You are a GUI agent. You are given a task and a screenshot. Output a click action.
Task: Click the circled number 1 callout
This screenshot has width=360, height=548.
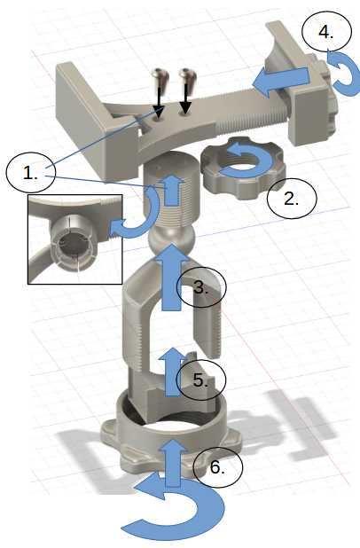coord(31,172)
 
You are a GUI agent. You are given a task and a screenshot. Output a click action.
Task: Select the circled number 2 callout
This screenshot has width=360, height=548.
coord(292,199)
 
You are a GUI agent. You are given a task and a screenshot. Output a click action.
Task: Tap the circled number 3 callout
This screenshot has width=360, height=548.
coord(201,287)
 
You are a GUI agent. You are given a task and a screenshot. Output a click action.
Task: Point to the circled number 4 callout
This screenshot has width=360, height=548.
coord(326,32)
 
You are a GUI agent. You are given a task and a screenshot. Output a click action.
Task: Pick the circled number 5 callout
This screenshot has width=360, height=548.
coord(201,380)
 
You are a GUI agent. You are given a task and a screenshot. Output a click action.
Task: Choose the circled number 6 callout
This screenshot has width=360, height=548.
coord(218,467)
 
